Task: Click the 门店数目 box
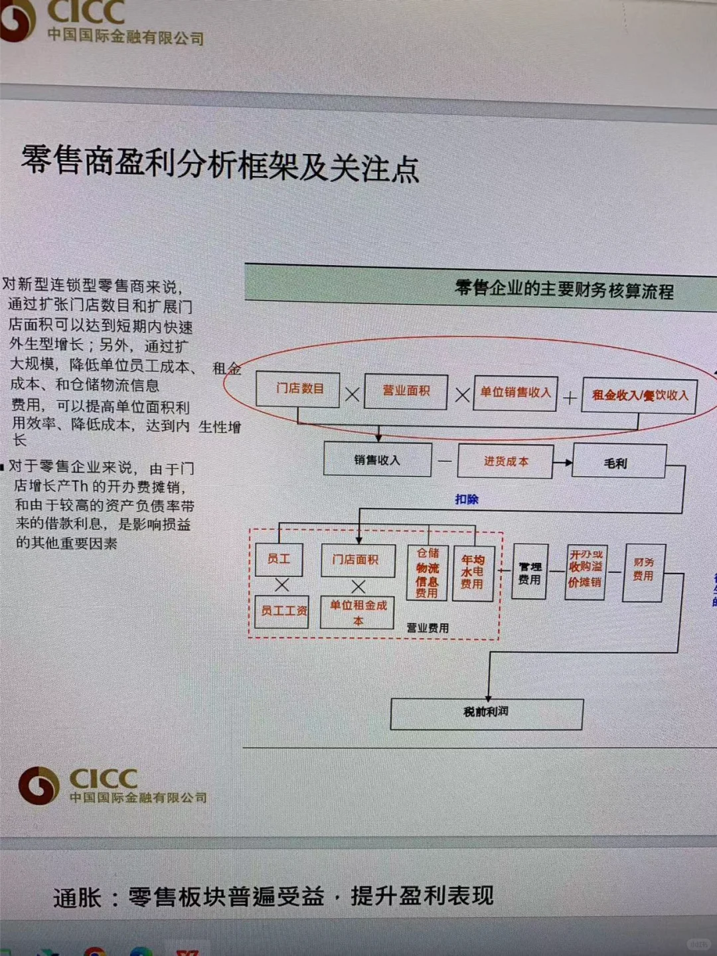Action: (298, 389)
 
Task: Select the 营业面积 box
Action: (406, 391)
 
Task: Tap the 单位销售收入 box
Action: (515, 393)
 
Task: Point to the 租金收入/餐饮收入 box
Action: (639, 396)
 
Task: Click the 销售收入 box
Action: (377, 460)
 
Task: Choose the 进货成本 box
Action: (506, 461)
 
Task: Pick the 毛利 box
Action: (617, 463)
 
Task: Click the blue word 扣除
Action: (467, 499)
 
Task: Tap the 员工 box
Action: (279, 560)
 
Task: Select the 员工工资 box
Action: (282, 611)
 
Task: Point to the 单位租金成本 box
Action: (358, 612)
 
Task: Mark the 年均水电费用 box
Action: (473, 572)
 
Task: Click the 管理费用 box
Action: (530, 573)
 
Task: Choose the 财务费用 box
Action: (643, 570)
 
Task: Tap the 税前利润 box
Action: (487, 712)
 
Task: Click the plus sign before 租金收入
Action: (570, 398)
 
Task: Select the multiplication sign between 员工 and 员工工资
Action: (282, 585)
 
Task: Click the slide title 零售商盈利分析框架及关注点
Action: (220, 163)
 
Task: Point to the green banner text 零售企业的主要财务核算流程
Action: (564, 289)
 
